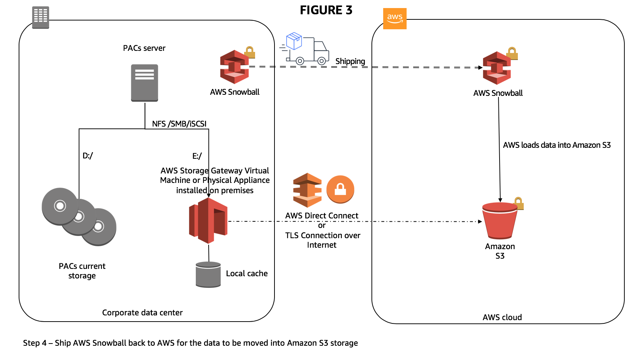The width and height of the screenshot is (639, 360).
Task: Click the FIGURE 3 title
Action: pos(326,10)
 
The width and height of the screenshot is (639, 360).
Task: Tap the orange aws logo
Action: pos(395,18)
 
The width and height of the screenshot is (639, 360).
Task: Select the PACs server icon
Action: pos(145,83)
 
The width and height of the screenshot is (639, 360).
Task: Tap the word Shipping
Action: pos(350,61)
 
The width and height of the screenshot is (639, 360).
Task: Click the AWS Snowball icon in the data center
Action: pos(234,67)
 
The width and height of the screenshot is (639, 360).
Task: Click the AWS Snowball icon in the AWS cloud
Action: pos(497,68)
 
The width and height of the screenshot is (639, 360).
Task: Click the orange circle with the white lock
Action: pos(340,189)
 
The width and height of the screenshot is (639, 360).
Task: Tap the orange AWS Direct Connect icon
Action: pos(307,190)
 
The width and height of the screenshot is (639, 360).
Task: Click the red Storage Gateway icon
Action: pos(208,220)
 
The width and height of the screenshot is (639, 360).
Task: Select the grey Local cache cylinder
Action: pos(208,274)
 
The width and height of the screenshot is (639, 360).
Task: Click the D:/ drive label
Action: pos(87,155)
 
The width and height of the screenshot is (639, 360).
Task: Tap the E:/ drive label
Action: pos(197,156)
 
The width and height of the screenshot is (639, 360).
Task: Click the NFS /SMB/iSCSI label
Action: pos(179,124)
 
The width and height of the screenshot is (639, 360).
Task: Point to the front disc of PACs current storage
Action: pos(60,206)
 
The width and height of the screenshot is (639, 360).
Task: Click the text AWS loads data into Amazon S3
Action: pos(556,145)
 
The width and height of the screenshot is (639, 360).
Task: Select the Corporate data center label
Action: pos(142,312)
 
